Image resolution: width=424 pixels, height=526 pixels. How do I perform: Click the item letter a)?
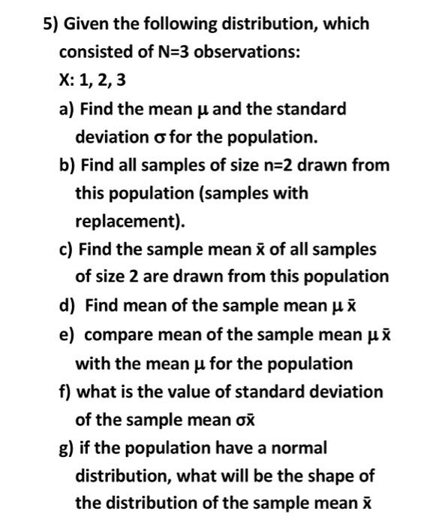67,110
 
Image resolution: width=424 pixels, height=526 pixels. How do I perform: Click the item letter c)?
66,249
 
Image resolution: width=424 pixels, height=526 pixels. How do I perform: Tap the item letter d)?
68,306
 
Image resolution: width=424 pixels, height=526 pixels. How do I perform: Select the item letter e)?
67,334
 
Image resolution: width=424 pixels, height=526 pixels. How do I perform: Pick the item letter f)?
65,391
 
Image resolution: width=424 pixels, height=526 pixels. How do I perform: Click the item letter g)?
67,448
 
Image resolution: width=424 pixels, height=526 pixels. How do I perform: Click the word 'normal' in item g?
300,448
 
